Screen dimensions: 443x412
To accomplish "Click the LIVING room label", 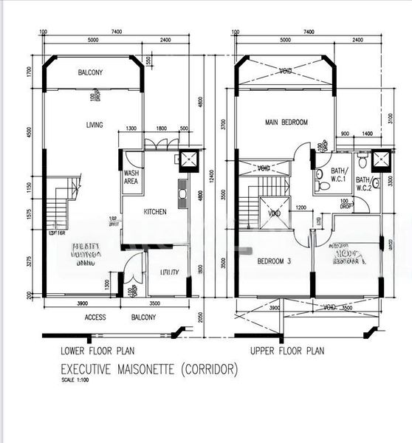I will (93, 125).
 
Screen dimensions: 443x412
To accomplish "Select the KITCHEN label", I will (154, 212).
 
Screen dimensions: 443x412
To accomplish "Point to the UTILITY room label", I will (170, 272).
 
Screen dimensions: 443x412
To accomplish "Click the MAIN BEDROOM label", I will (286, 122).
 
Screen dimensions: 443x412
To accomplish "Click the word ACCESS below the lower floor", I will (95, 317).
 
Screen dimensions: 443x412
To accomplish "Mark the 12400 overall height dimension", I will (210, 177).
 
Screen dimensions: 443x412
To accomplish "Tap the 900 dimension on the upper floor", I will (345, 134).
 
